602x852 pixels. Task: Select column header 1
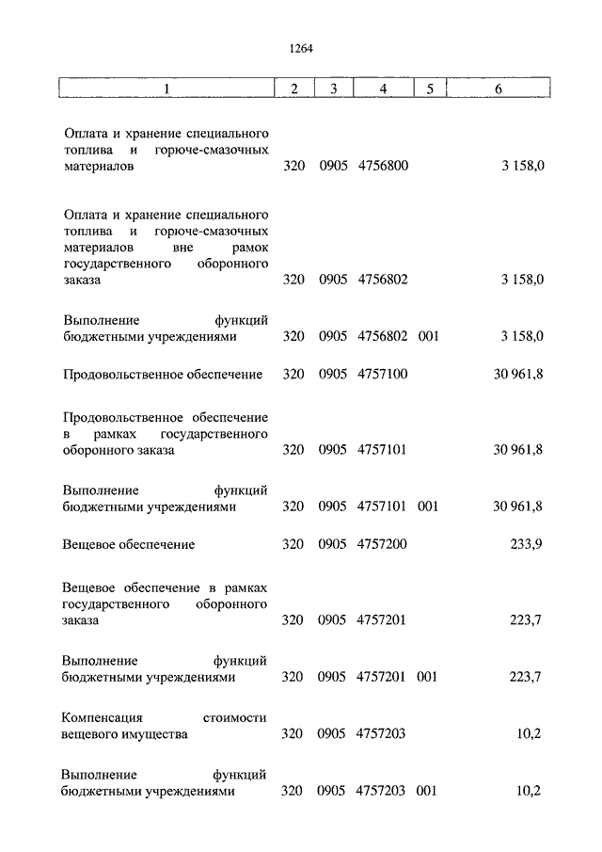point(166,88)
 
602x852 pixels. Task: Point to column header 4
point(382,88)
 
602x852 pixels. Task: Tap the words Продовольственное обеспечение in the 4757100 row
point(163,374)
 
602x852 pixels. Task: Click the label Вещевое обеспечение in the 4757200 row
point(129,544)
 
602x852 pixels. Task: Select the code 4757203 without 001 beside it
point(382,734)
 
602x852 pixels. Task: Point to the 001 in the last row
point(428,791)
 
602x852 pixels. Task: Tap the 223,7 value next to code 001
point(524,677)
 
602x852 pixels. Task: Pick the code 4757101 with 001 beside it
point(382,506)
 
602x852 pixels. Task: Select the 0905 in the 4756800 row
point(333,166)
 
